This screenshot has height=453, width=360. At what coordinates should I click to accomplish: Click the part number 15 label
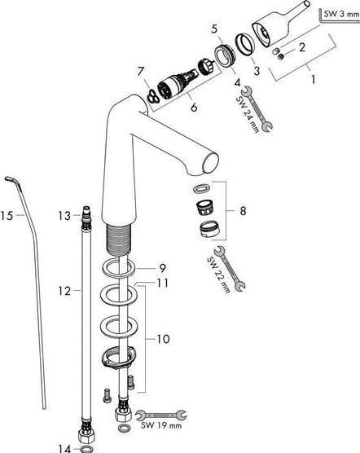click(x=7, y=216)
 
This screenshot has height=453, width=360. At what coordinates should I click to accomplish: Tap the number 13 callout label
click(x=64, y=216)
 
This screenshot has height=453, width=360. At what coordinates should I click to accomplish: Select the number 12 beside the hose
click(x=64, y=291)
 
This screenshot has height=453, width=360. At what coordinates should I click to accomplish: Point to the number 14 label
click(x=64, y=448)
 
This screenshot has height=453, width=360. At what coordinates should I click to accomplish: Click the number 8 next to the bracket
click(x=243, y=211)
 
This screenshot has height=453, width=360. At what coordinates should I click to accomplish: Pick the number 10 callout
click(x=163, y=339)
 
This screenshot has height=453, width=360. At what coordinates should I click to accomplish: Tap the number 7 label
click(x=141, y=72)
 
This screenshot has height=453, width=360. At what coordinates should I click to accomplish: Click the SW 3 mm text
click(x=341, y=14)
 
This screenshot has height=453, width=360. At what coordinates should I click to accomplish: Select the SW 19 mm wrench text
click(x=161, y=425)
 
